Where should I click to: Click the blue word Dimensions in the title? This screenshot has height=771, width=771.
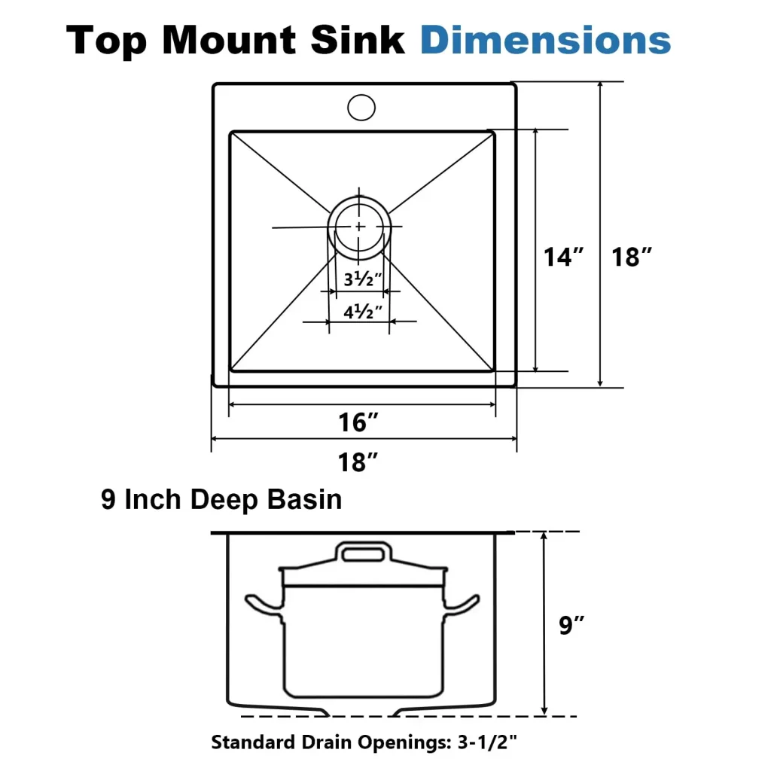[545, 41]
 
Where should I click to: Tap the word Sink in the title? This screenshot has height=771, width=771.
[358, 41]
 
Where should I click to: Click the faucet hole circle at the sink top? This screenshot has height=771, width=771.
[361, 107]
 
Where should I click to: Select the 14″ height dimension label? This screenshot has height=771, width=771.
[563, 257]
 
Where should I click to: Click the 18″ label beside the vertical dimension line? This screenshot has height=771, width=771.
[632, 257]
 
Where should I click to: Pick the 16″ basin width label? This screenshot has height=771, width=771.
[358, 422]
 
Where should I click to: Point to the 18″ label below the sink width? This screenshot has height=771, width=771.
[358, 462]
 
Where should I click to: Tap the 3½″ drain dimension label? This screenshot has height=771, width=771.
[363, 279]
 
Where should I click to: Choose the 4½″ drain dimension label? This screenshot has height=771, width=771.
[363, 311]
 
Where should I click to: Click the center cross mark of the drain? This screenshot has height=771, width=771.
[359, 226]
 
